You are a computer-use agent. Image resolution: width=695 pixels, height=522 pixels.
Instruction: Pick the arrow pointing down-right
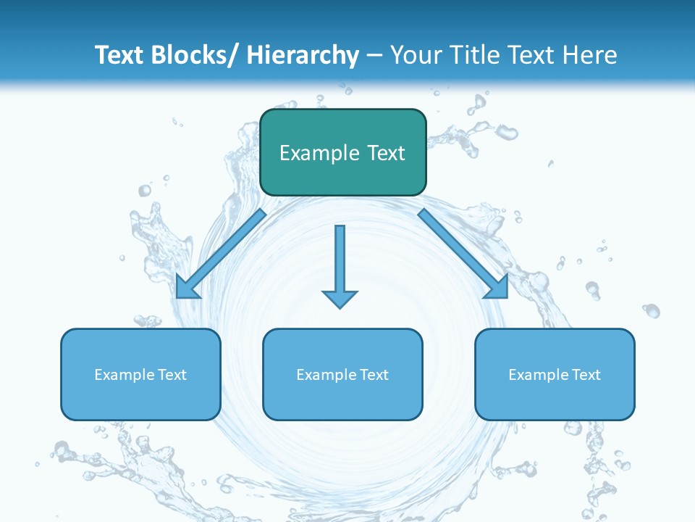(463, 253)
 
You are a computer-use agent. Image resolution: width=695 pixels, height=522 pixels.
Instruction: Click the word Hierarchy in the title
(303, 55)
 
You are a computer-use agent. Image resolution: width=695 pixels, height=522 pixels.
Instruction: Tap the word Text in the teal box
(384, 153)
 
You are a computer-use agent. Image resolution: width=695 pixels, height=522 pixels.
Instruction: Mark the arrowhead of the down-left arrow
(187, 288)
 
